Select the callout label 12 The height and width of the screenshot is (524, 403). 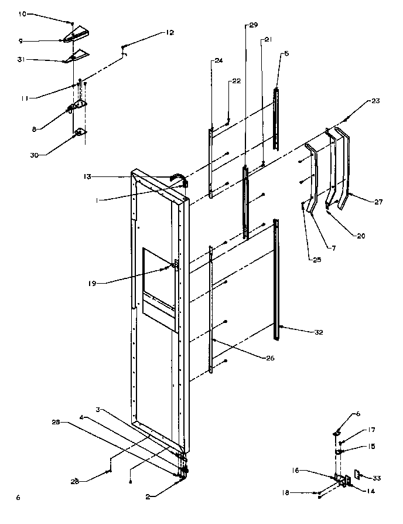coord(169,33)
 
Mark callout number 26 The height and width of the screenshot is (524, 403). coord(253,358)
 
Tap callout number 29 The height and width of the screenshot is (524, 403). coord(253,25)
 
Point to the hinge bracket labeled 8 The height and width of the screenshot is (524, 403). coord(77,107)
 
